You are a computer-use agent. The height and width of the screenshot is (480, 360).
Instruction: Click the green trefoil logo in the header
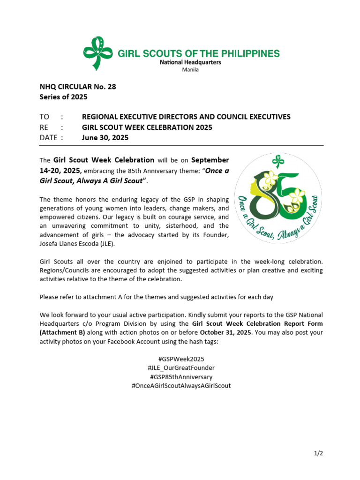[x=97, y=52]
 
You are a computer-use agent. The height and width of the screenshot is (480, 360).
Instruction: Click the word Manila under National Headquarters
[x=190, y=70]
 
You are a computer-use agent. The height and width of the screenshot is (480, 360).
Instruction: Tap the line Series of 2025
[x=63, y=97]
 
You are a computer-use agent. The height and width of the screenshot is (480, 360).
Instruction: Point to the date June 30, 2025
[x=105, y=138]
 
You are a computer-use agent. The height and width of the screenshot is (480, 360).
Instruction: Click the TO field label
[x=45, y=117]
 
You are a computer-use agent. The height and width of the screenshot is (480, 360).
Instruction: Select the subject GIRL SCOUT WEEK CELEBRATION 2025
[x=147, y=127]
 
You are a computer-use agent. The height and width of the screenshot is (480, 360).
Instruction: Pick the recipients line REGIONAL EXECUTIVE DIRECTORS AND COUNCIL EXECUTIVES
[x=186, y=117]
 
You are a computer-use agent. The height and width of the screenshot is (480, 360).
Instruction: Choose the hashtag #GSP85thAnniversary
[x=181, y=377]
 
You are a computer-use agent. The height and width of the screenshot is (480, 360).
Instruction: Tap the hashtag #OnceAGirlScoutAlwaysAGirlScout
[x=181, y=386]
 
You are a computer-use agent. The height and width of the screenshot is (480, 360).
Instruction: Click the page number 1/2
[x=319, y=453]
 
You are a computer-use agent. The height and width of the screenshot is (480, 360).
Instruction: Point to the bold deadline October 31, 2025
[x=223, y=333]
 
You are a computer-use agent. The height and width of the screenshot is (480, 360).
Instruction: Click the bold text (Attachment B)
[x=62, y=333]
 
